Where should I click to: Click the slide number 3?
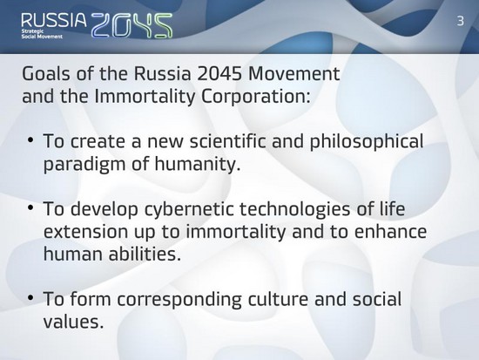click(461, 21)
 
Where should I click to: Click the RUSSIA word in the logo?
click(54, 21)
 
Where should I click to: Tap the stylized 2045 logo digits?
click(132, 25)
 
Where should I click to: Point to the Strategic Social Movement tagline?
click(42, 34)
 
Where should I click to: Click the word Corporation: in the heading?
click(255, 97)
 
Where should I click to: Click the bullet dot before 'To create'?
click(30, 140)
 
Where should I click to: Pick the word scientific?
click(228, 141)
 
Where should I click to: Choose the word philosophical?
click(367, 142)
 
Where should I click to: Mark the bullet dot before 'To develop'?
click(30, 207)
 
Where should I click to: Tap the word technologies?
click(294, 209)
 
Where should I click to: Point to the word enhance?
click(390, 232)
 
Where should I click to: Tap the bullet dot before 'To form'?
click(30, 297)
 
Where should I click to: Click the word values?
click(71, 322)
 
